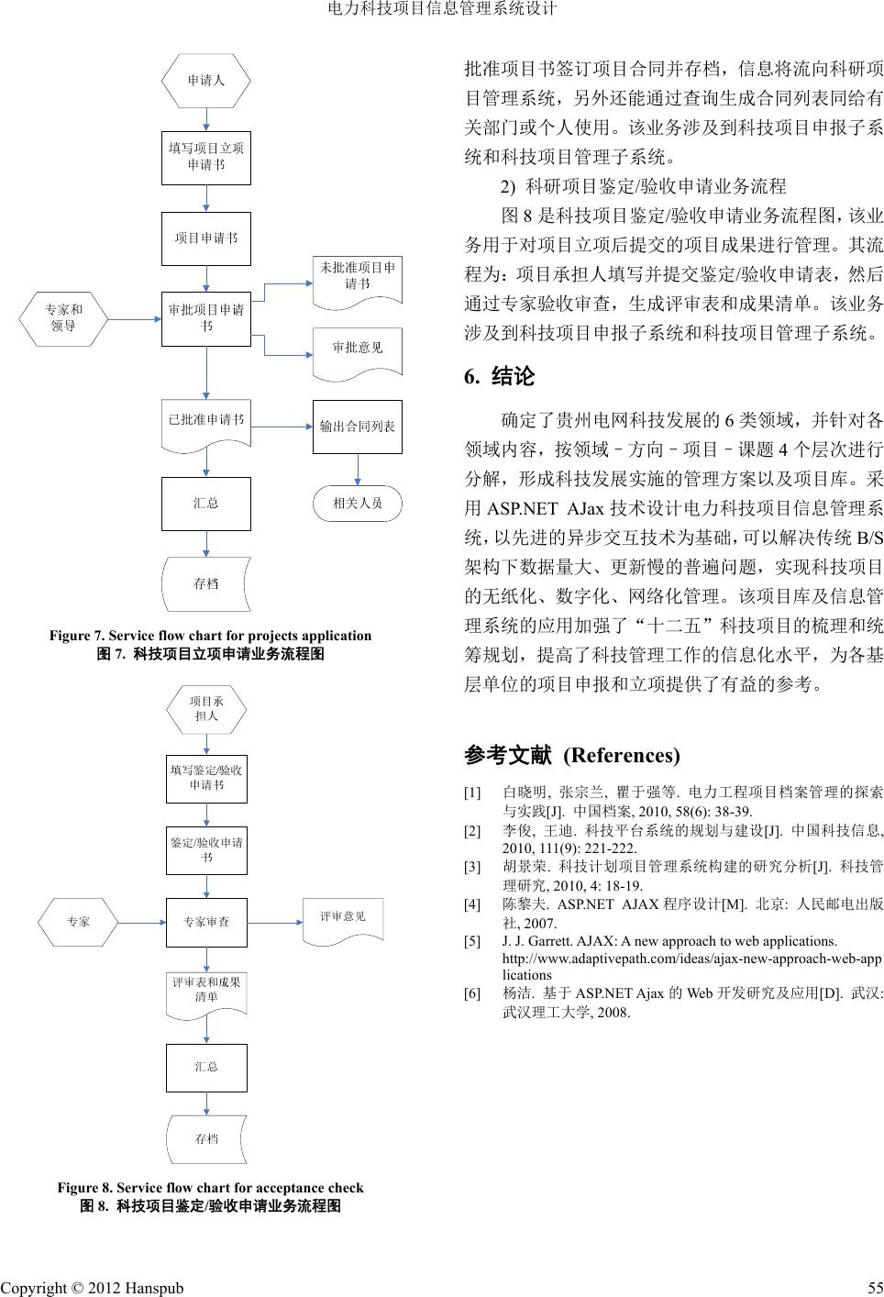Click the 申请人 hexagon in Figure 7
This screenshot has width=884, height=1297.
click(206, 81)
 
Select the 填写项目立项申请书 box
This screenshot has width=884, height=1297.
click(206, 157)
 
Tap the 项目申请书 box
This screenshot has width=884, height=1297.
click(206, 238)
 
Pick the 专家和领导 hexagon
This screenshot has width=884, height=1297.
click(63, 318)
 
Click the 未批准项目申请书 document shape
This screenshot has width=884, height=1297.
click(358, 278)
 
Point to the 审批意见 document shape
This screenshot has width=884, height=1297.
click(358, 351)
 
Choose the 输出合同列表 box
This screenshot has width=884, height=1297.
click(358, 427)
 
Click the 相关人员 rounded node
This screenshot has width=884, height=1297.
click(358, 504)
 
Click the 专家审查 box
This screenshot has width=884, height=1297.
click(206, 922)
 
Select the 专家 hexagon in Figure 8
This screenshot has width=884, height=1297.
click(79, 922)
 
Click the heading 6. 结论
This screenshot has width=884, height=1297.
click(499, 377)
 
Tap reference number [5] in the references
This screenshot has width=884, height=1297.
click(472, 941)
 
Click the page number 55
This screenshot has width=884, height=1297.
click(874, 1288)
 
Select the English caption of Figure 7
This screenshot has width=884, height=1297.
click(211, 636)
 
